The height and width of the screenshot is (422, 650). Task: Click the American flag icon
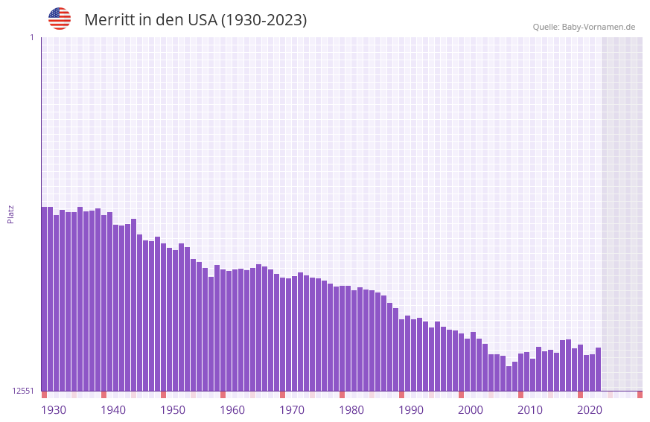[60, 19]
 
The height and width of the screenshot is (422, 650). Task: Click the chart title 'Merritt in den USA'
[195, 20]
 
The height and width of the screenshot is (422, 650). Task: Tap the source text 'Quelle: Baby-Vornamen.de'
[584, 27]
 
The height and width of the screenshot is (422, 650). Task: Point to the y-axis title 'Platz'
[10, 214]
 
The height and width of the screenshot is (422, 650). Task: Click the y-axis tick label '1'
[32, 37]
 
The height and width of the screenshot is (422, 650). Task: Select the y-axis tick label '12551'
[23, 391]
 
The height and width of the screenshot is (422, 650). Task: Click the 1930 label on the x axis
[54, 410]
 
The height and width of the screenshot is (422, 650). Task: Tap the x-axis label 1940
[113, 410]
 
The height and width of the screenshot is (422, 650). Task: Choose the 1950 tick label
[173, 410]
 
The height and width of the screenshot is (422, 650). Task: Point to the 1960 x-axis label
[232, 410]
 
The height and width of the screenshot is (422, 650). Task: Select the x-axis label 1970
[292, 410]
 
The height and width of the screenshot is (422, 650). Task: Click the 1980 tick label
[351, 410]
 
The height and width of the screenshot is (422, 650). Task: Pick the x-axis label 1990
[411, 410]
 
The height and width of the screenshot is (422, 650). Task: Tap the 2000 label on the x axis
[471, 410]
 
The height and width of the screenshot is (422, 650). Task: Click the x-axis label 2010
[530, 410]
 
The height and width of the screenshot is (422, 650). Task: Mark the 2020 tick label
[590, 410]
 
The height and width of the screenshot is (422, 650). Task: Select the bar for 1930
[44, 298]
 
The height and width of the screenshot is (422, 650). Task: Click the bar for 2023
[598, 369]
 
